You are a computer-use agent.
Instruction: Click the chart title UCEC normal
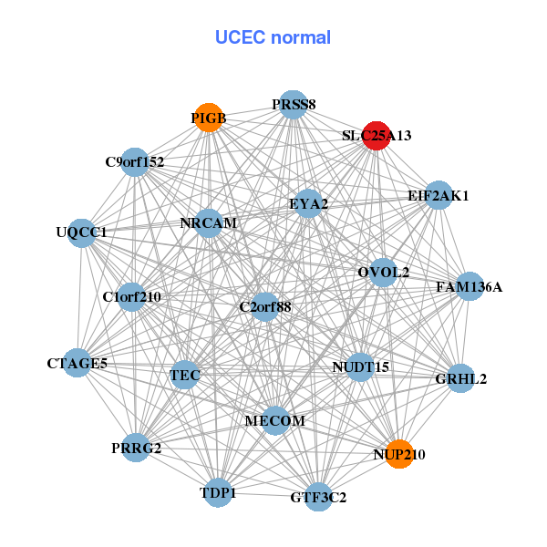[273, 37]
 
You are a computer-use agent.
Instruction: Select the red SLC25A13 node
[377, 136]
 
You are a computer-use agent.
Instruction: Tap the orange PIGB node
[209, 118]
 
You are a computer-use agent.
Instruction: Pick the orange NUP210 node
[399, 453]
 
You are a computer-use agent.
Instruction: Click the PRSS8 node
[293, 105]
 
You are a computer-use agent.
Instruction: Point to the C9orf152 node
[135, 162]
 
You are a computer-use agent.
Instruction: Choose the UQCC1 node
[82, 232]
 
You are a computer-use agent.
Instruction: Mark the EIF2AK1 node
[439, 195]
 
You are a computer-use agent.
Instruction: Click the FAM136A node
[469, 287]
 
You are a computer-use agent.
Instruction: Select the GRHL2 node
[461, 378]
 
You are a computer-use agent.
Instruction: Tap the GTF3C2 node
[318, 497]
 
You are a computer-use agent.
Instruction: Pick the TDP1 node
[218, 492]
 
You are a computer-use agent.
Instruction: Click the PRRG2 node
[136, 448]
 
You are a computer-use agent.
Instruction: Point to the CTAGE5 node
[77, 364]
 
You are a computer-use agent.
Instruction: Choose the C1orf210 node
[132, 296]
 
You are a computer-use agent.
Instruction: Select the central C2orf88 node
[264, 307]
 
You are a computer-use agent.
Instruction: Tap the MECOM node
[274, 420]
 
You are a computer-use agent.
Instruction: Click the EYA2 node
[308, 203]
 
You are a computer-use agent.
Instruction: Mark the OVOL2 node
[383, 272]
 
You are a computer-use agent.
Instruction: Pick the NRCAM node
[209, 223]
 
